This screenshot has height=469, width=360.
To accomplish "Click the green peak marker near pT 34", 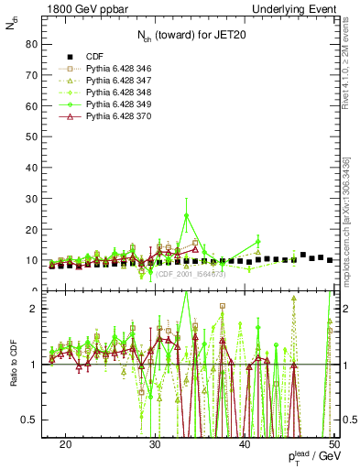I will click(x=186, y=216).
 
